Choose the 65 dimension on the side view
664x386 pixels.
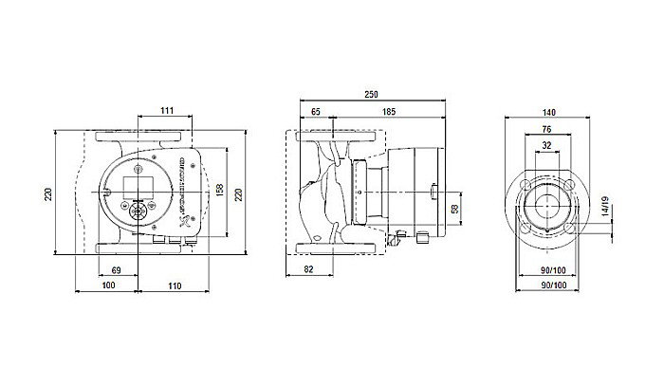(x=314, y=112)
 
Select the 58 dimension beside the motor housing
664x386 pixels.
(x=454, y=209)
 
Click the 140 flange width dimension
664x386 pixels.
(x=551, y=111)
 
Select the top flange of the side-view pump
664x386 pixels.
(x=340, y=136)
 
